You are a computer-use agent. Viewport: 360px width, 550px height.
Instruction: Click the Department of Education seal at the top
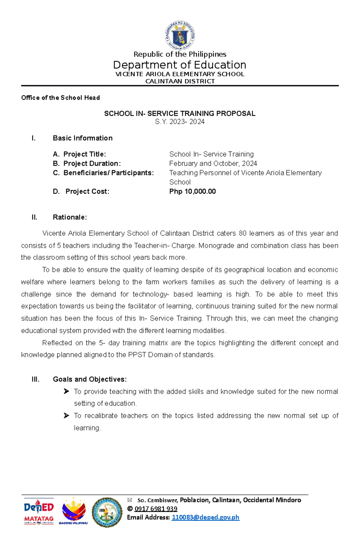point(180,35)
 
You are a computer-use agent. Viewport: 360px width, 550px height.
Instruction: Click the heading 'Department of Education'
point(180,65)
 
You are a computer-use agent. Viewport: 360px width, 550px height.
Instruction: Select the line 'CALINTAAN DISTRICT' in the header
point(180,81)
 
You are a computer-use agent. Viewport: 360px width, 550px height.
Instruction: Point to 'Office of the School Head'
point(60,98)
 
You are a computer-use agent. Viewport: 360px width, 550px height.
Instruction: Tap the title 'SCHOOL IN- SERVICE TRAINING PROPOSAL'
point(180,114)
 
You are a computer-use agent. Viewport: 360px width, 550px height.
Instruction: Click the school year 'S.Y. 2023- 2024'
point(180,122)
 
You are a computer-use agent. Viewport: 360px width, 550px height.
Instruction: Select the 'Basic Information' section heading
point(82,138)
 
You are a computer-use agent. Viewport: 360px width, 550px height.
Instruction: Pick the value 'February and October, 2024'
point(213,164)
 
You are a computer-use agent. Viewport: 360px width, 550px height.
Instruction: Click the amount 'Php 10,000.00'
point(193,192)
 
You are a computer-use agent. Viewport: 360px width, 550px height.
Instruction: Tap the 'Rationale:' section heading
point(70,217)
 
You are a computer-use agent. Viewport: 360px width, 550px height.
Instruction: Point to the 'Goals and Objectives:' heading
point(90,379)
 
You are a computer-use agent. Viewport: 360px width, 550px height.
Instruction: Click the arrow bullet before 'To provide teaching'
point(66,391)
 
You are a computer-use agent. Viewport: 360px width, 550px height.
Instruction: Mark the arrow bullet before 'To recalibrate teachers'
point(66,416)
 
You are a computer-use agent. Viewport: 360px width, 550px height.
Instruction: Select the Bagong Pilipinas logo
point(73,511)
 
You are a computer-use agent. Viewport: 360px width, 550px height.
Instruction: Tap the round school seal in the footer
point(107,513)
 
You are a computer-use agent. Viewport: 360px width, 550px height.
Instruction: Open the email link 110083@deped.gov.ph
point(205,518)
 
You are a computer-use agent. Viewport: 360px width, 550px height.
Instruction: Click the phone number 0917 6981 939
point(156,509)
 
